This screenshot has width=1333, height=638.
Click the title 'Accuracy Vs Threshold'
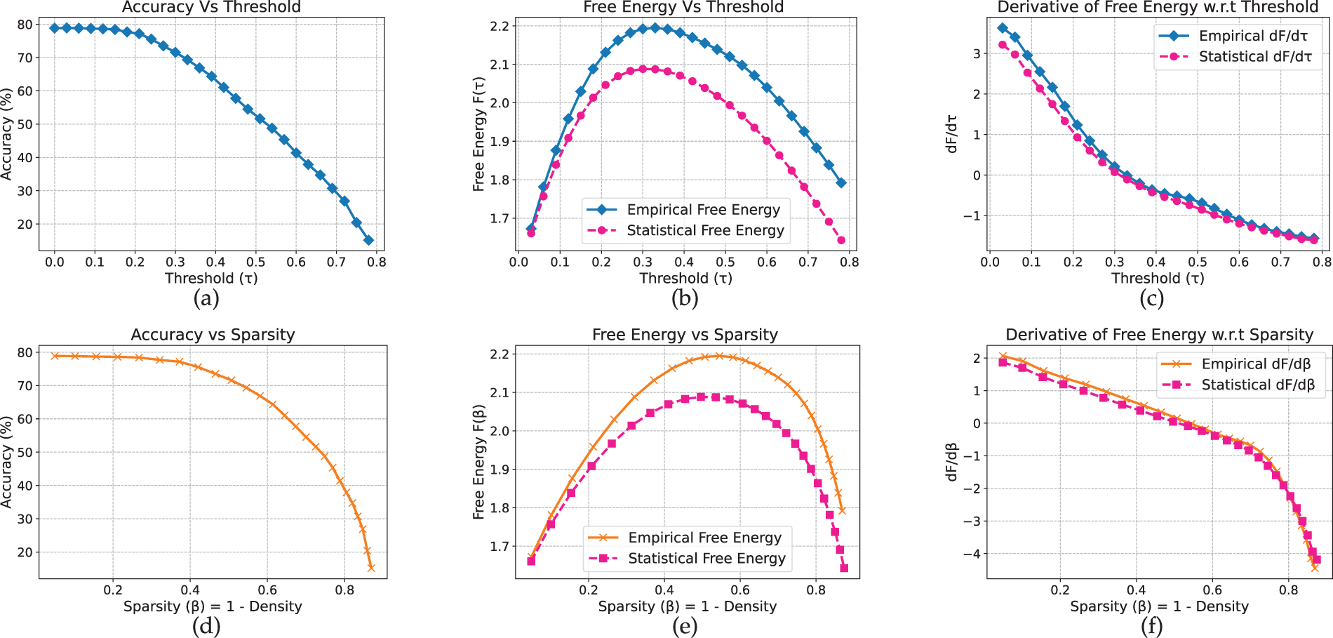click(211, 7)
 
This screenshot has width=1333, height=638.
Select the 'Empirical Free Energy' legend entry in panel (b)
click(703, 210)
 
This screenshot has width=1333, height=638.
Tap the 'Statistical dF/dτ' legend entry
click(1255, 57)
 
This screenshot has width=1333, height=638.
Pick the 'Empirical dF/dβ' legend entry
click(1256, 364)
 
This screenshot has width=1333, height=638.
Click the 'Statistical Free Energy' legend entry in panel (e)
click(706, 559)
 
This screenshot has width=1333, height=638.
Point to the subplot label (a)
click(206, 299)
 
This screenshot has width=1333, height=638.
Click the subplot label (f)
click(1151, 626)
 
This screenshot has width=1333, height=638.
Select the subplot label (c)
click(1151, 299)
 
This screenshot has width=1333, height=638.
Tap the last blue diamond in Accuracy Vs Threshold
click(368, 241)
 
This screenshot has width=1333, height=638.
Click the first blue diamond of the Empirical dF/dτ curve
click(1003, 29)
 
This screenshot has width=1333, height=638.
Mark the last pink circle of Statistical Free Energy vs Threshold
click(841, 241)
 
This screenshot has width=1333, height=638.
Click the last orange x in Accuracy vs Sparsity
click(371, 568)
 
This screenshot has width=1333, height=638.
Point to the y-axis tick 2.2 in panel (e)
click(499, 354)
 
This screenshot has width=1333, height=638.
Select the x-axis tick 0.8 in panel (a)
click(377, 262)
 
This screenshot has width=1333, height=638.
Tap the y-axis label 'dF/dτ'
click(951, 133)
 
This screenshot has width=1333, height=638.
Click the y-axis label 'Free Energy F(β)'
click(479, 461)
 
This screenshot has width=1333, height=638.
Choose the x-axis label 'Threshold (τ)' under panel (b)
click(685, 279)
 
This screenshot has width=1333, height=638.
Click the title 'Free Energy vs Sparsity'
click(685, 335)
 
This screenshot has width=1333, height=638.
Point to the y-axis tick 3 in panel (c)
click(977, 53)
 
